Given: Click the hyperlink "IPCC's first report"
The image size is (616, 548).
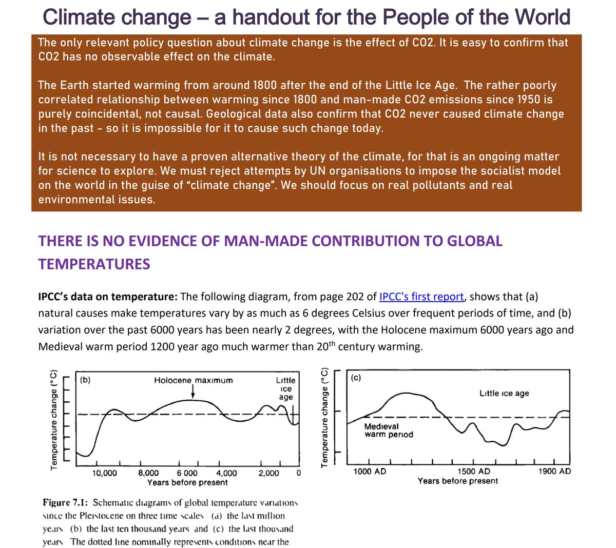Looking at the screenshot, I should (x=421, y=297).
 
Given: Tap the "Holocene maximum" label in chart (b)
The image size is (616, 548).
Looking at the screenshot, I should (x=193, y=380).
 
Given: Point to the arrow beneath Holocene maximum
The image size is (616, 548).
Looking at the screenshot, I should (x=193, y=392).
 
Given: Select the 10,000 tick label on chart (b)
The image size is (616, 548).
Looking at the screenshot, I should (x=104, y=473).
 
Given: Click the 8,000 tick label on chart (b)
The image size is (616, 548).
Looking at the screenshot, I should (x=148, y=473).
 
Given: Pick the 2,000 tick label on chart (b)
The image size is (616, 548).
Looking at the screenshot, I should (x=268, y=473).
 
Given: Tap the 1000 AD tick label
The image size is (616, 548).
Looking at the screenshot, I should (x=370, y=471).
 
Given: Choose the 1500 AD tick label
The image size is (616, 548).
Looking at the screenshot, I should (x=473, y=471).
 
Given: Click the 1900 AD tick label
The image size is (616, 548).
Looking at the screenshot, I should (x=554, y=471).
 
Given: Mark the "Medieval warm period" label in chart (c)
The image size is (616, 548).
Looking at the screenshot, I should (x=389, y=430).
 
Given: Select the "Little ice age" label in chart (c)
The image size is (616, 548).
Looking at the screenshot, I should (x=504, y=394).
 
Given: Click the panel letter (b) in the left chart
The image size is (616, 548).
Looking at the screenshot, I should (x=85, y=380).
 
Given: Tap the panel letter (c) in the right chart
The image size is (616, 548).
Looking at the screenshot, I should (x=356, y=379).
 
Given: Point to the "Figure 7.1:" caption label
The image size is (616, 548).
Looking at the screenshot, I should (x=66, y=502).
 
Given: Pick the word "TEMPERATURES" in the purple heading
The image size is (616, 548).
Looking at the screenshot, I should (x=94, y=264).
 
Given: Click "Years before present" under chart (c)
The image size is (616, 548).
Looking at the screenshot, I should (x=457, y=481).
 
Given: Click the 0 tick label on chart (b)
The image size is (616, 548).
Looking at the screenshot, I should (x=298, y=473).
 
